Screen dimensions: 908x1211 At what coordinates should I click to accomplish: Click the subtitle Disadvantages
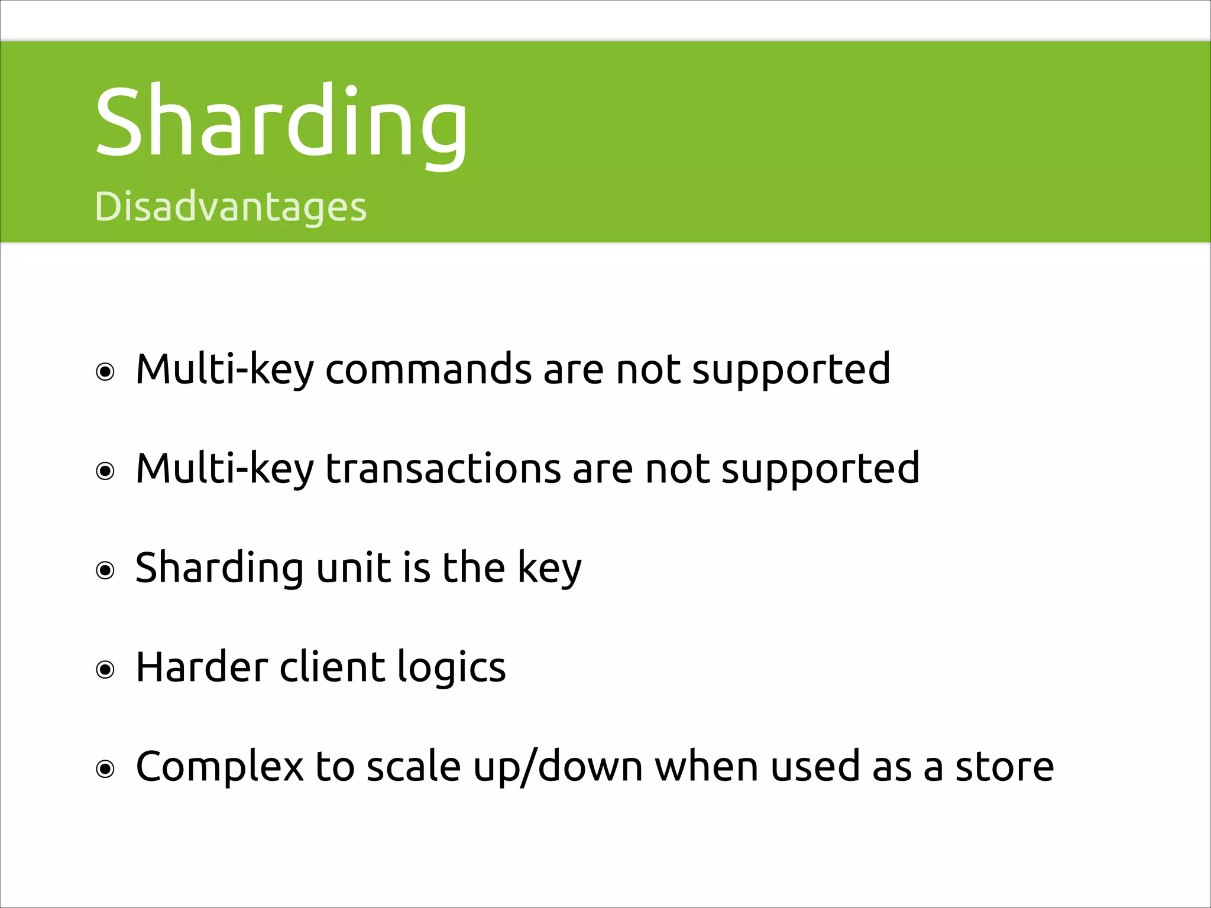pyautogui.click(x=231, y=207)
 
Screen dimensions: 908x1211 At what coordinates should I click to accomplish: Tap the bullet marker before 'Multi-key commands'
pyautogui.click(x=105, y=372)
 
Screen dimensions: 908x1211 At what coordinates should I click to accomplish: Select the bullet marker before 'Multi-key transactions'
pyautogui.click(x=105, y=472)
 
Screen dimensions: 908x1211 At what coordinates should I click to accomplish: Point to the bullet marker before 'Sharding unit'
pyautogui.click(x=105, y=570)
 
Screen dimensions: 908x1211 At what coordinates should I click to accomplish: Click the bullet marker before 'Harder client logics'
pyautogui.click(x=105, y=670)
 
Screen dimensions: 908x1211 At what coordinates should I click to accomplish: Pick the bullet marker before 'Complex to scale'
pyautogui.click(x=105, y=769)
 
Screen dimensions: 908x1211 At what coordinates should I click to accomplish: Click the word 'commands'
pyautogui.click(x=428, y=370)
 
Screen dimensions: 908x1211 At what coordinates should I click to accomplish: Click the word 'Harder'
pyautogui.click(x=201, y=667)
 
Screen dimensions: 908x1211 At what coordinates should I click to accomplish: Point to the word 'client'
pyautogui.click(x=331, y=667)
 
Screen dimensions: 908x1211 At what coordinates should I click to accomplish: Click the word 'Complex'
pyautogui.click(x=219, y=767)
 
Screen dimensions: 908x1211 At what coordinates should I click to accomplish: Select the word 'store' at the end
pyautogui.click(x=1005, y=767)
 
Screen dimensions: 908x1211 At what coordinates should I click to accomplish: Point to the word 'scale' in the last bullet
pyautogui.click(x=413, y=767)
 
